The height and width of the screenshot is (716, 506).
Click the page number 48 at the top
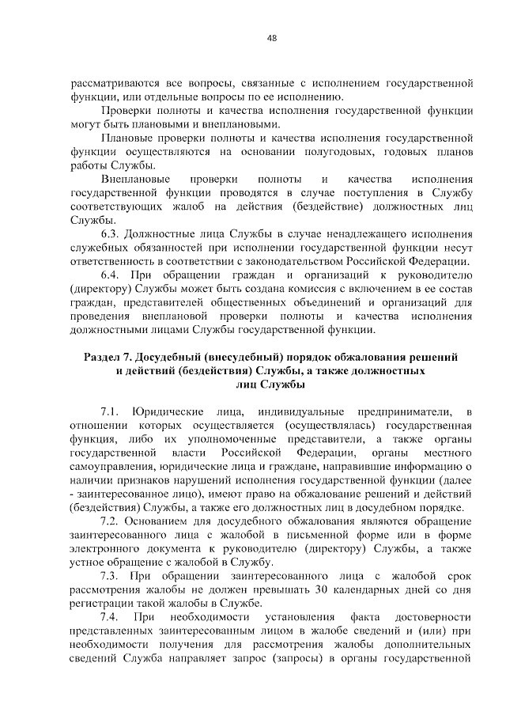tap(271, 37)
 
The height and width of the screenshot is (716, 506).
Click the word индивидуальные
tap(301, 412)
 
